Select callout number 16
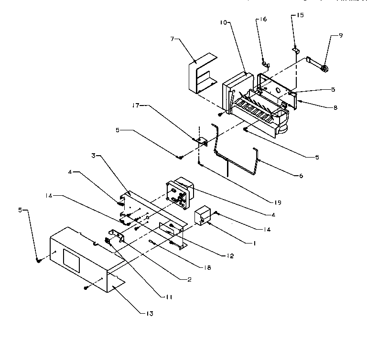click(264, 20)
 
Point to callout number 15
click(300, 15)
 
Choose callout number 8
click(335, 108)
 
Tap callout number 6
click(301, 176)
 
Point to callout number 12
click(230, 256)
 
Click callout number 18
click(206, 268)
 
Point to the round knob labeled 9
click(324, 70)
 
